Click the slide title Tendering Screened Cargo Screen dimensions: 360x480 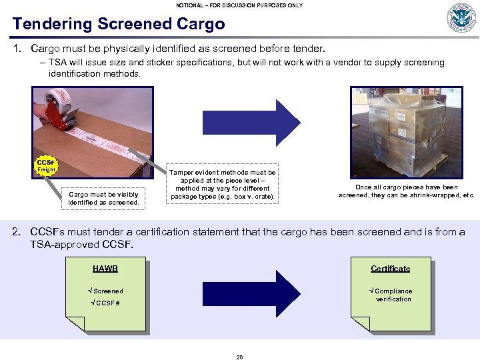tap(119, 24)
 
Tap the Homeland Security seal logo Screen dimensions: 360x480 tap(461, 18)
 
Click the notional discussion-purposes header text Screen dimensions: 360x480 tap(239, 5)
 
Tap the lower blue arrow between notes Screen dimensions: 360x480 tap(251, 294)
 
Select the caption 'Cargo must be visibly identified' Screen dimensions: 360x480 tap(103, 198)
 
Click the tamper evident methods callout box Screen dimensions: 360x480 tap(222, 185)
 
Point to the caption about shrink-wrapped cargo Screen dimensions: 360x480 tap(407, 191)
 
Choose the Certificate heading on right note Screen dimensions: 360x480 tap(390, 269)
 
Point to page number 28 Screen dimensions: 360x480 tap(239, 357)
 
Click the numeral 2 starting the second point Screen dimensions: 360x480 tap(18, 232)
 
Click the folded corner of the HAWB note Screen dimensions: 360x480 tap(75, 323)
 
